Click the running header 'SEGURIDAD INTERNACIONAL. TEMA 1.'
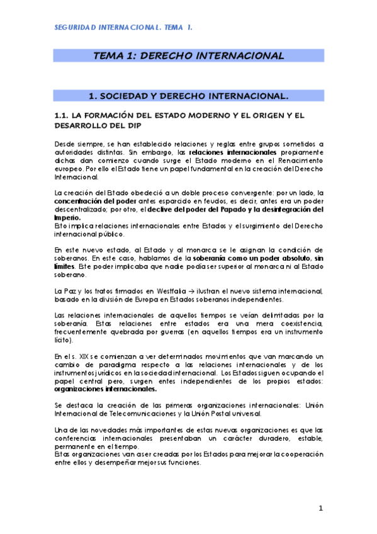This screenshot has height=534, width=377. (x=123, y=28)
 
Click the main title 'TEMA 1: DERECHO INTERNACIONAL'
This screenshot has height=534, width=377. (x=188, y=55)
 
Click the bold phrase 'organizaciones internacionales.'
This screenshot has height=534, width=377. (x=106, y=389)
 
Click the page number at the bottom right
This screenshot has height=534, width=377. (x=320, y=508)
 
